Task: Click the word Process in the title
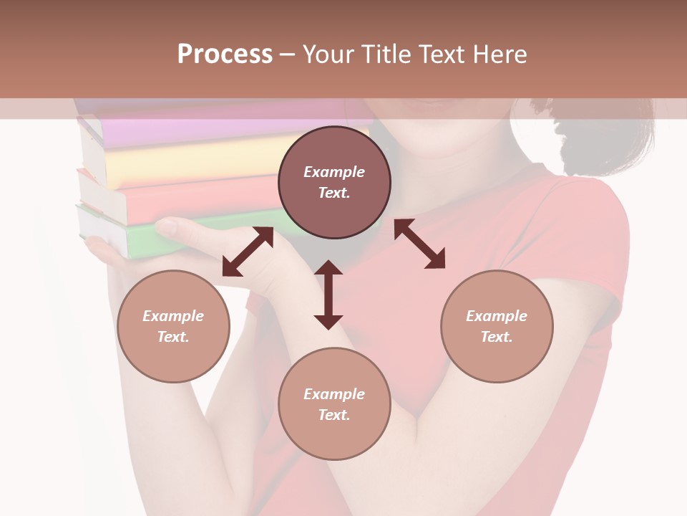(225, 54)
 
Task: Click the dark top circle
(334, 183)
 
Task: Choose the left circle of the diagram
(173, 326)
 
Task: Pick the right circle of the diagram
(497, 326)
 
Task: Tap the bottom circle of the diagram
(334, 404)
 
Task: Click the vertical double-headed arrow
(328, 295)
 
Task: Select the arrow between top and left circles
(248, 252)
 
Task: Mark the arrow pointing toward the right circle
(419, 244)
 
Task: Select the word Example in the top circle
(334, 172)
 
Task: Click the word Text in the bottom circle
(333, 415)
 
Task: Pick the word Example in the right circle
(497, 316)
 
